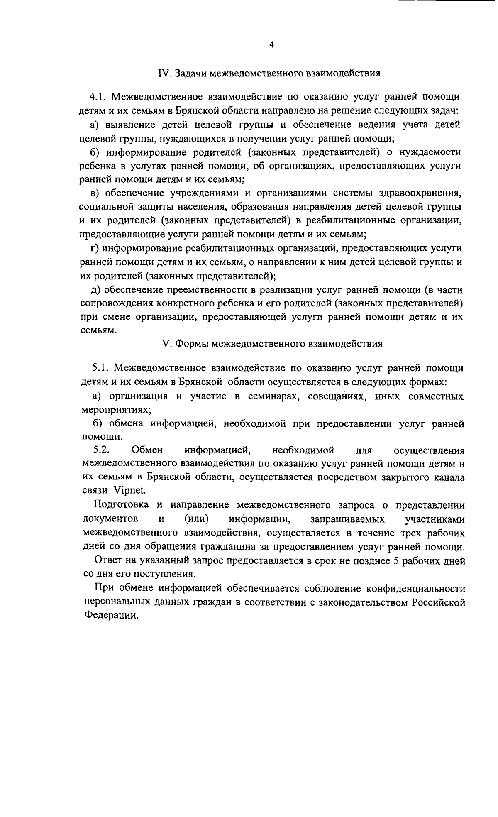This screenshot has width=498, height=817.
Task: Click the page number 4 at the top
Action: pos(271,45)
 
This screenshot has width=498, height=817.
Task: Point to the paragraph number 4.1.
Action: pos(98,98)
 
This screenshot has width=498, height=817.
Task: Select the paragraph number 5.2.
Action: pos(101,450)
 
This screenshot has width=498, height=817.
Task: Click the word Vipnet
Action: pos(130,490)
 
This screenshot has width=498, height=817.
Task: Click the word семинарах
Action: pos(272,396)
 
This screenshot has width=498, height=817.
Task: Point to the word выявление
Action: pos(131,125)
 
